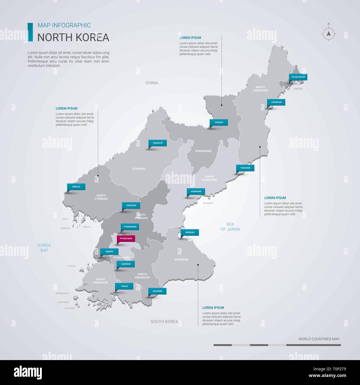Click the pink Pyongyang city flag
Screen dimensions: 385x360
pyautogui.click(x=126, y=238)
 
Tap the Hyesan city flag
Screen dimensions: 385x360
pyautogui.click(x=219, y=122)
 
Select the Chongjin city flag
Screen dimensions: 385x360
pyautogui.click(x=276, y=102)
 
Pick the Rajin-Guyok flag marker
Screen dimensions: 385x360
pyautogui.click(x=298, y=77)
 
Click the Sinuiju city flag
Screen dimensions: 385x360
pyautogui.click(x=76, y=187)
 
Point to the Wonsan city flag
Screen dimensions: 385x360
pyautogui.click(x=190, y=232)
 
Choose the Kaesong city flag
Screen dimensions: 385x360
pyautogui.click(x=158, y=291)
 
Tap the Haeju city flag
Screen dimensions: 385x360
pyautogui.click(x=125, y=286)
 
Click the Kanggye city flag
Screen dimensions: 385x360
pyautogui.click(x=158, y=143)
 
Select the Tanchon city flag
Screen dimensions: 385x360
pyautogui.click(x=245, y=168)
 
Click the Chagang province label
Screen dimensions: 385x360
pyautogui.click(x=139, y=169)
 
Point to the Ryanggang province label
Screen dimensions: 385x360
pyautogui.click(x=203, y=151)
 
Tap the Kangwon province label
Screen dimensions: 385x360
pyautogui.click(x=181, y=260)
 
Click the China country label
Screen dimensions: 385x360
pyautogui.click(x=152, y=83)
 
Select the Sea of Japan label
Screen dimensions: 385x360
pyautogui.click(x=230, y=227)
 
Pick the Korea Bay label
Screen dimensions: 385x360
pyautogui.click(x=44, y=248)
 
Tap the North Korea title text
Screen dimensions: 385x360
pyautogui.click(x=73, y=37)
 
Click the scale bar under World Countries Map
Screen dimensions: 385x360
pyautogui.click(x=277, y=345)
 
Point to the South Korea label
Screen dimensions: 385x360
pyautogui.click(x=164, y=322)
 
